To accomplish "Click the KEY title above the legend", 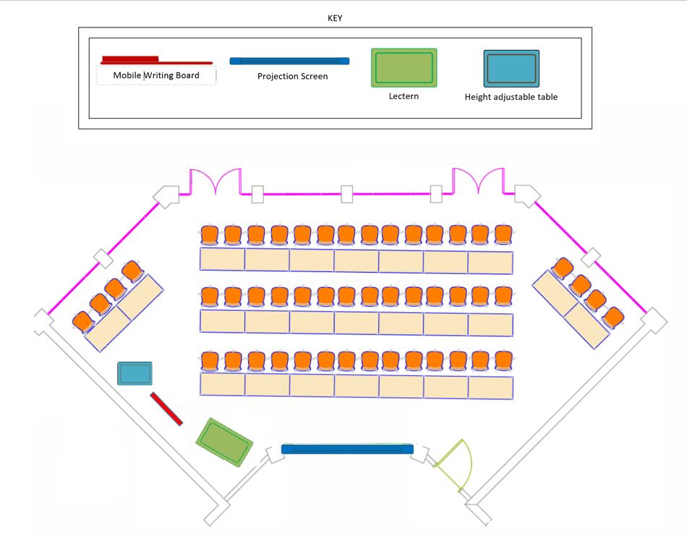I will coord(335,19).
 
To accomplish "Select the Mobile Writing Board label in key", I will coord(156,75).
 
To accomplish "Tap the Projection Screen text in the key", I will coord(292,76).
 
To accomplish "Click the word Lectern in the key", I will coord(404,96).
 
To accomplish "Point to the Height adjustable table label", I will coord(511,97).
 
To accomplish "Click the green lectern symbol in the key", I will coord(404,68).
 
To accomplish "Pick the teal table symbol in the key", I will coord(511,69).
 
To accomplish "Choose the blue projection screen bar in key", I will coord(289,61).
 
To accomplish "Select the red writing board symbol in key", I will coord(155,61).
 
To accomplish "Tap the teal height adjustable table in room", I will coord(135,374).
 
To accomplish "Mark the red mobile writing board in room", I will coord(166,409).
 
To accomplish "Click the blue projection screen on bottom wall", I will coord(347,449).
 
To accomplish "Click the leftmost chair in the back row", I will coord(210,234).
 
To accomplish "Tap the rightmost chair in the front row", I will coord(503,359).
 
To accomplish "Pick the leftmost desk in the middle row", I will coord(223,322).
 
